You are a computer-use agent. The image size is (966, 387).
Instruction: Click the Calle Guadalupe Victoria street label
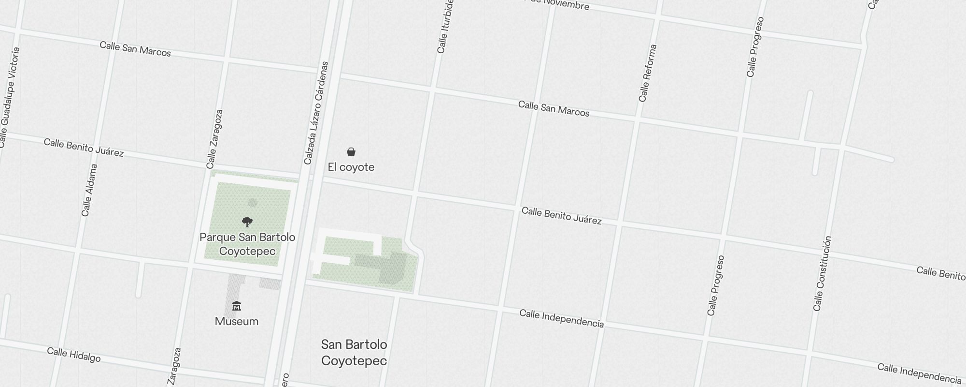pos(10,97)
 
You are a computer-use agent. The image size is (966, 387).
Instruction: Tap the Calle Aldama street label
pos(89,190)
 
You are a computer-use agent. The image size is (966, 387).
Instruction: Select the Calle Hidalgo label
pos(74,355)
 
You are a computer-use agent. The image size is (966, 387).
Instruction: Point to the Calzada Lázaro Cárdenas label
pos(316,113)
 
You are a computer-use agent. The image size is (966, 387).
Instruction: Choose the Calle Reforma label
pos(648,74)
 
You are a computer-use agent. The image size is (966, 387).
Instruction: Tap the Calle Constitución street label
pos(823,273)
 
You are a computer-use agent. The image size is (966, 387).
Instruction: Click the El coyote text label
pos(351,167)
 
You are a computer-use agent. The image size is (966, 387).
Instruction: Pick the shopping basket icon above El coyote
pos(351,152)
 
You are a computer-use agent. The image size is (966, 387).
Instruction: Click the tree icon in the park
pos(247,222)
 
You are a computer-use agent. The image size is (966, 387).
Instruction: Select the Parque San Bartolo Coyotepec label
pos(247,244)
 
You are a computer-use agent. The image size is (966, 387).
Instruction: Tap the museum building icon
pos(237,306)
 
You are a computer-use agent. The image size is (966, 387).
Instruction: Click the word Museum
pos(237,322)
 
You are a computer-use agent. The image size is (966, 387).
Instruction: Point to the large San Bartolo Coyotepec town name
pos(354,353)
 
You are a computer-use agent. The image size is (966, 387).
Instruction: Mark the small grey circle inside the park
pos(252,203)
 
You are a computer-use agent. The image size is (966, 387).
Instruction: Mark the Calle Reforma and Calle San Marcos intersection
pos(638,119)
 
